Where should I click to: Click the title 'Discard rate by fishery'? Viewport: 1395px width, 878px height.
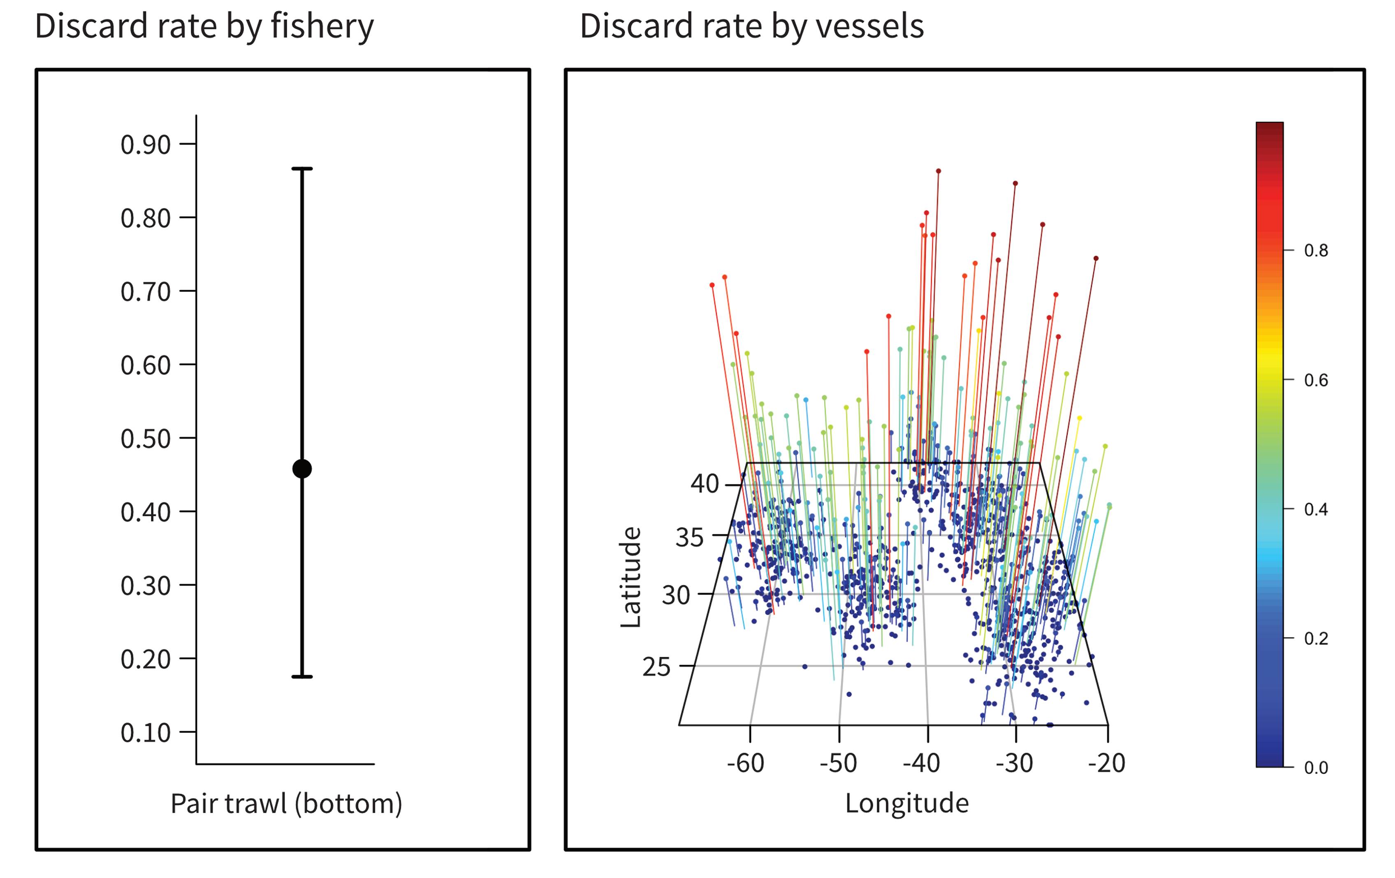pyautogui.click(x=204, y=27)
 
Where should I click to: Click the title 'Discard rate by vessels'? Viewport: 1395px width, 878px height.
pyautogui.click(x=751, y=27)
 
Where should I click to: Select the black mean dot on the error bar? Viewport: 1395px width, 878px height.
pyautogui.click(x=302, y=469)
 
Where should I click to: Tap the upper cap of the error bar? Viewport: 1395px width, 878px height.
pyautogui.click(x=302, y=169)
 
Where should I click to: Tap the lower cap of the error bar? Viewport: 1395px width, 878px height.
pyautogui.click(x=302, y=677)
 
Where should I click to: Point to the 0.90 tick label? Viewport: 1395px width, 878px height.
pyautogui.click(x=146, y=144)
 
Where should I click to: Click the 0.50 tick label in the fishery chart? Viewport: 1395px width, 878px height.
pyautogui.click(x=146, y=439)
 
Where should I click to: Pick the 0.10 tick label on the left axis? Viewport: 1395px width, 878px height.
pyautogui.click(x=146, y=732)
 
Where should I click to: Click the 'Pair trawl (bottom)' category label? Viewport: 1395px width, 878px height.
pyautogui.click(x=286, y=803)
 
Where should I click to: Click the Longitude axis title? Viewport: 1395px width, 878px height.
pyautogui.click(x=907, y=803)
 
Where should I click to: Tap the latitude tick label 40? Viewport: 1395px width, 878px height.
pyautogui.click(x=704, y=483)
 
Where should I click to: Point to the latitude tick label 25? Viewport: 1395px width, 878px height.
pyautogui.click(x=656, y=667)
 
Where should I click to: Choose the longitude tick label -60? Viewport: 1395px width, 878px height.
pyautogui.click(x=746, y=763)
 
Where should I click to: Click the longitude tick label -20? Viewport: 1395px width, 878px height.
pyautogui.click(x=1106, y=763)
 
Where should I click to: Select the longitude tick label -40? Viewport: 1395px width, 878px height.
pyautogui.click(x=922, y=763)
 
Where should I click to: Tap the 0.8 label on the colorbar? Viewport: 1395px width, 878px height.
pyautogui.click(x=1316, y=250)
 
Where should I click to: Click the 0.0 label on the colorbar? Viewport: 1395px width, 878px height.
pyautogui.click(x=1316, y=767)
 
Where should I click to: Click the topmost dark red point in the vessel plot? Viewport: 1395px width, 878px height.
pyautogui.click(x=938, y=171)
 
